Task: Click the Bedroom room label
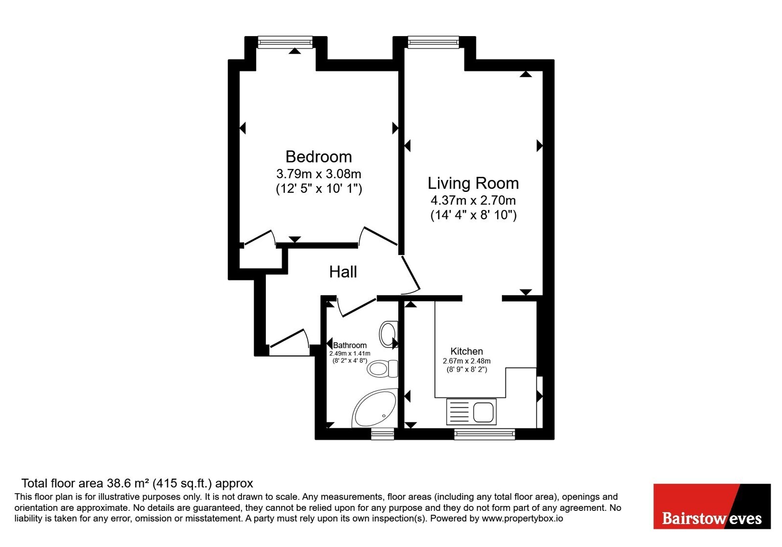coord(318,157)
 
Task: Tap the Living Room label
coord(473,183)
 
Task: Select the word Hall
coord(343,272)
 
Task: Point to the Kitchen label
coord(466,351)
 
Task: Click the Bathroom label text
coord(349,345)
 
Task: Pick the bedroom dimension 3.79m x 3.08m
coord(318,173)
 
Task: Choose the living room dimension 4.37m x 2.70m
coord(473,200)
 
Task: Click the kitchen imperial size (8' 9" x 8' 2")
coord(466,369)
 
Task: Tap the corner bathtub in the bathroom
coord(374,408)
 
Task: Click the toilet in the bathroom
coord(382,368)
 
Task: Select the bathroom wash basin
coord(388,334)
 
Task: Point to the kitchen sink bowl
coord(483,412)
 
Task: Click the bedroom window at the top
coord(285,42)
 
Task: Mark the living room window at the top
coord(433,42)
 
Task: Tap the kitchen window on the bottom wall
coord(484,434)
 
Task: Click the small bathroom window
coord(382,434)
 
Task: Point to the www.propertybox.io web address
coord(522,519)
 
